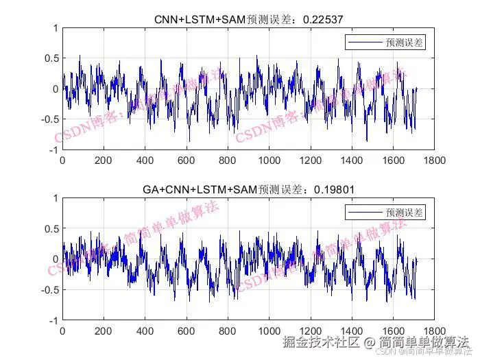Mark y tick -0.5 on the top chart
pyautogui.click(x=48, y=119)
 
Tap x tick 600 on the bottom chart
pyautogui.click(x=187, y=330)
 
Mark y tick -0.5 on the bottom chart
pyautogui.click(x=48, y=289)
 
